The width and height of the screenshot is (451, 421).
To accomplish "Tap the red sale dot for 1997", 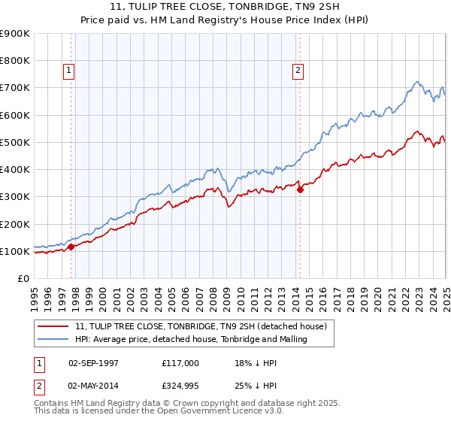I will click(71, 247).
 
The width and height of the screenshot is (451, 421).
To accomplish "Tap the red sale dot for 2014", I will click(300, 190).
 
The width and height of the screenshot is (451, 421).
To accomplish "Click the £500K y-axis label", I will click(15, 142).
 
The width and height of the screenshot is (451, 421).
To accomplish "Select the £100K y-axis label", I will click(15, 251).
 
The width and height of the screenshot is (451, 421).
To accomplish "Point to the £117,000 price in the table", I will click(180, 362).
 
